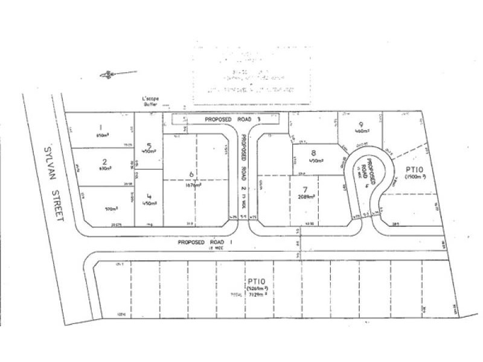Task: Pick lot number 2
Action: click(x=104, y=162)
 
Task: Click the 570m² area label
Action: click(x=111, y=209)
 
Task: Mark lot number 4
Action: click(x=148, y=196)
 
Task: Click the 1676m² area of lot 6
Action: click(x=194, y=185)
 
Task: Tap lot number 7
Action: click(x=306, y=189)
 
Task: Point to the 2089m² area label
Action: click(x=308, y=197)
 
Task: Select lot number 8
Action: click(x=313, y=153)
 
